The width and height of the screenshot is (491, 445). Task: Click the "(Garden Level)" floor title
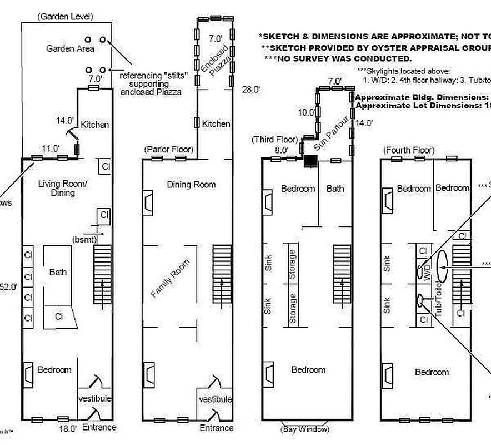pyautogui.click(x=65, y=17)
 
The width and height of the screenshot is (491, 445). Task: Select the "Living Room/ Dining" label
pyautogui.click(x=56, y=188)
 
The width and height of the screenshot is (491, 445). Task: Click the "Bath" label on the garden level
pyautogui.click(x=58, y=272)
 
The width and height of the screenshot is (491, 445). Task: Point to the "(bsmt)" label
pyautogui.click(x=85, y=239)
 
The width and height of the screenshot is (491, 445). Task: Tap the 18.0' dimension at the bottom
pyautogui.click(x=68, y=428)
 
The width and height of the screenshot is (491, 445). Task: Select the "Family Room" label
pyautogui.click(x=171, y=278)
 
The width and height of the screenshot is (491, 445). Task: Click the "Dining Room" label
pyautogui.click(x=191, y=184)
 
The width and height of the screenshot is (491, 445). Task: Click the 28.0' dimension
pyautogui.click(x=252, y=88)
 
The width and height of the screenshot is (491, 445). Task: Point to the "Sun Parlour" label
pyautogui.click(x=332, y=135)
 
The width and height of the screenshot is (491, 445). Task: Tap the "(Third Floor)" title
pyautogui.click(x=275, y=139)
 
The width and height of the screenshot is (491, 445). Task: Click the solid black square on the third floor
pyautogui.click(x=310, y=161)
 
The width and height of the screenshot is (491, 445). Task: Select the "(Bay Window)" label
pyautogui.click(x=304, y=429)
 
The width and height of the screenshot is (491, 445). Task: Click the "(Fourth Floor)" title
pyautogui.click(x=409, y=151)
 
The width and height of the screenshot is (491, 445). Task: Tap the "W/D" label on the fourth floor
pyautogui.click(x=427, y=272)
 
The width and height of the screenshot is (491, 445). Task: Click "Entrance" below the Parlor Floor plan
pyautogui.click(x=217, y=428)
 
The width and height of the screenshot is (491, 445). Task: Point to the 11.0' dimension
pyautogui.click(x=51, y=149)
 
